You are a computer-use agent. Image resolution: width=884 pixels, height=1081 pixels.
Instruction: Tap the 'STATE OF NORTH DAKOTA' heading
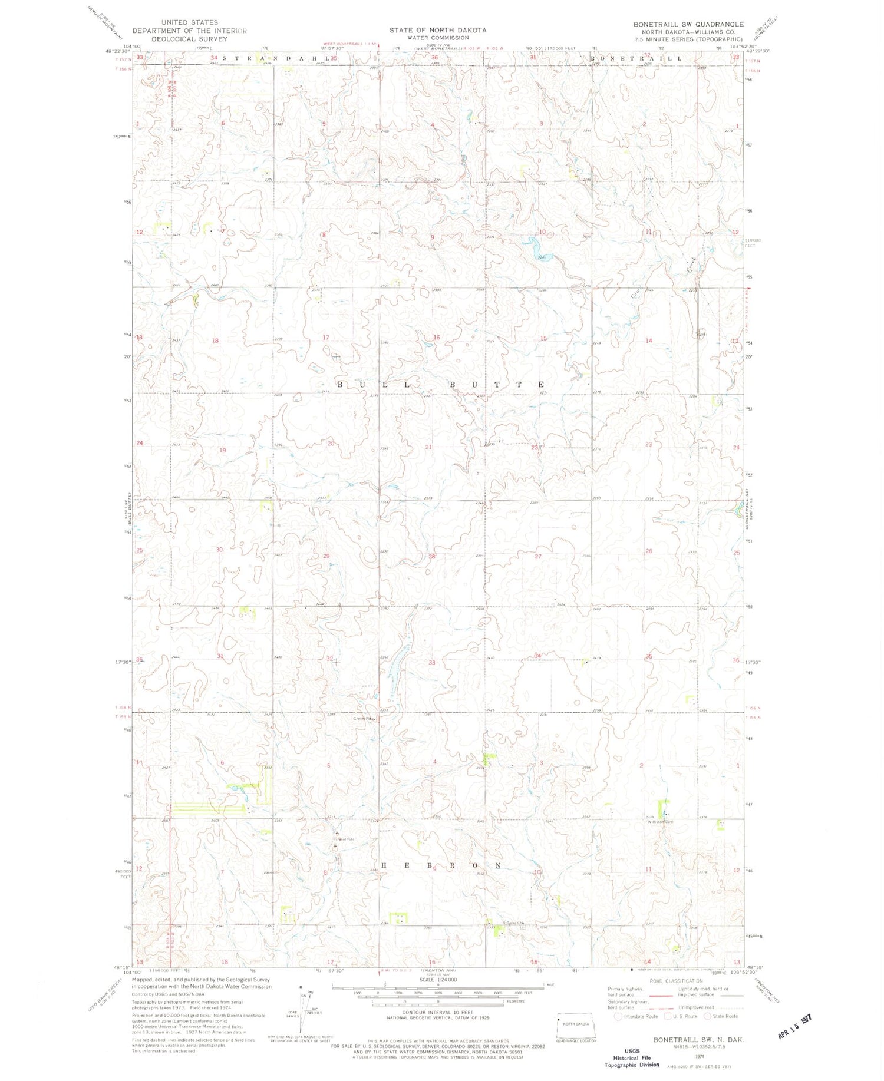pos(437,30)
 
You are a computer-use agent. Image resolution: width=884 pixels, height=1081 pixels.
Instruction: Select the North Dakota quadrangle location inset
pos(576,1026)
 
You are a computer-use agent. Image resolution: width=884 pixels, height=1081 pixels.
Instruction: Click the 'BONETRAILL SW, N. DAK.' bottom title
pos(698,1040)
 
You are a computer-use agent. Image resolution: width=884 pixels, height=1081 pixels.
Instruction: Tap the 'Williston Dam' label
pos(661,822)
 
